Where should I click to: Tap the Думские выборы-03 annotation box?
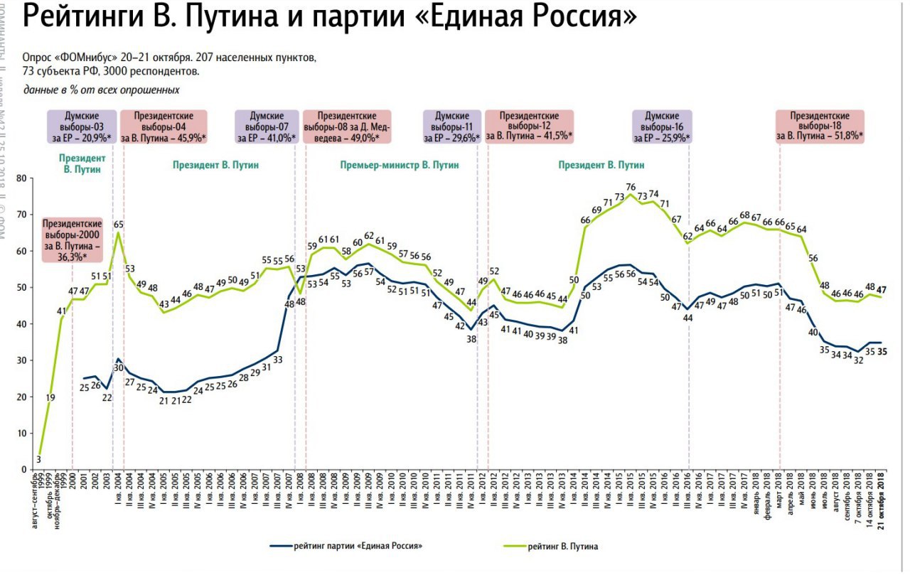coord(81,127)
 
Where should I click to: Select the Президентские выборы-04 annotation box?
coord(164,127)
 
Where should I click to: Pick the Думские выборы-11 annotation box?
coord(453,127)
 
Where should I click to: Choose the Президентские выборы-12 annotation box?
coord(529,127)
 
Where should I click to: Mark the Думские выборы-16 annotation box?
coord(662,127)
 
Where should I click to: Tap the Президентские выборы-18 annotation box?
coord(820,127)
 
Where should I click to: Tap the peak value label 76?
coord(630,187)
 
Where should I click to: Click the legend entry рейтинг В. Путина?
coord(562,546)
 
